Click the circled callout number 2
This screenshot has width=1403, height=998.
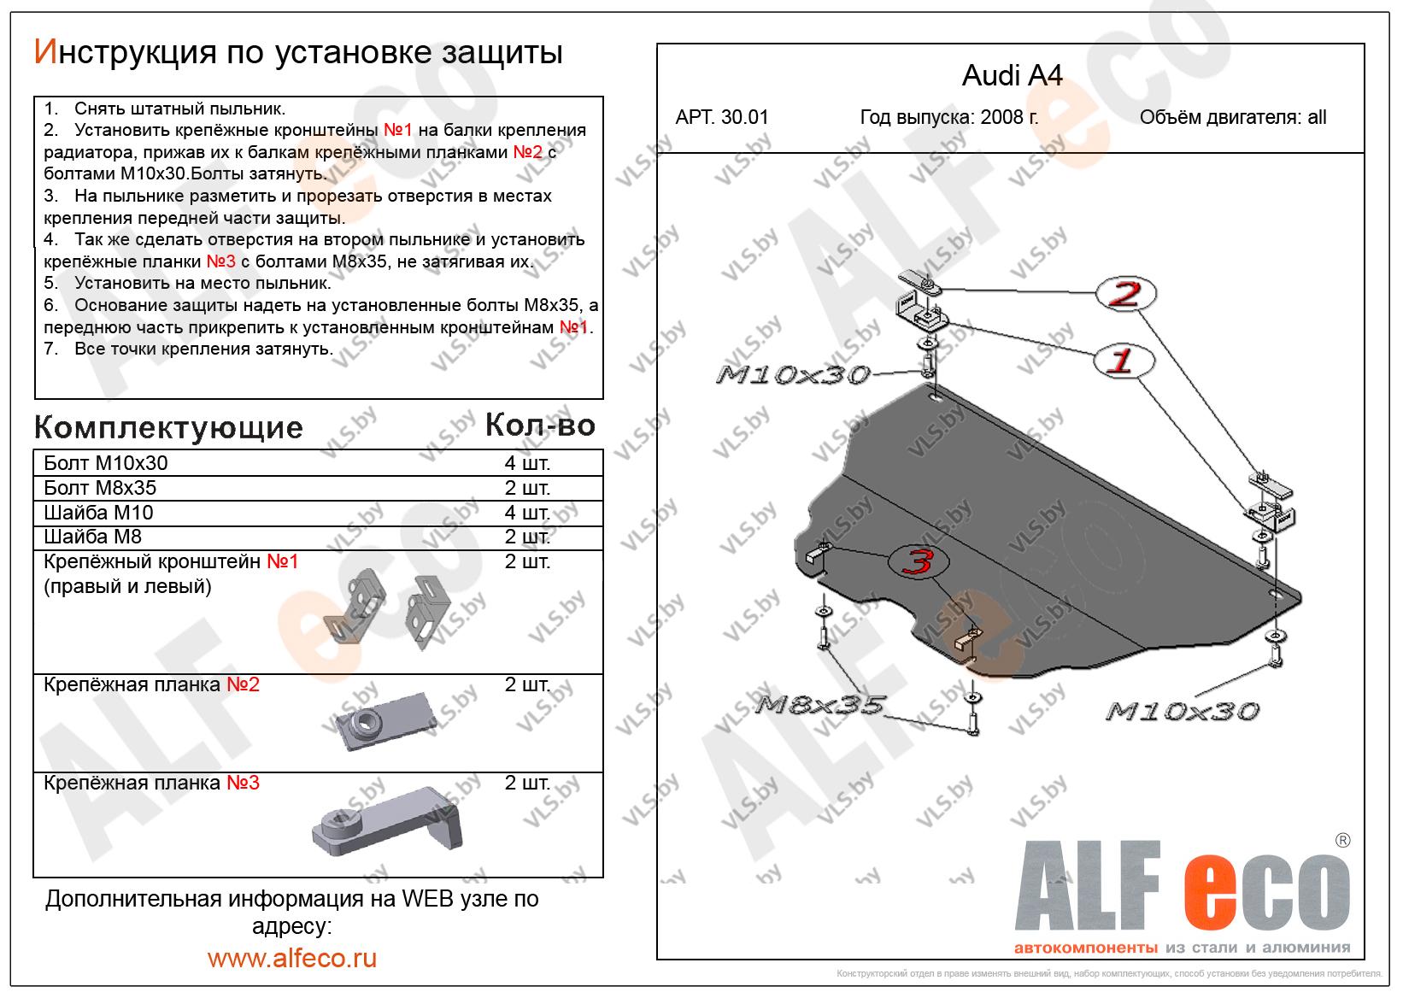coord(1125,294)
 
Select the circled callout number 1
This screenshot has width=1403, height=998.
coord(1123,361)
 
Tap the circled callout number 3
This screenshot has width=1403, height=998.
coord(919,561)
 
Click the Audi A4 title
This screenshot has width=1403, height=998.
coord(1012,76)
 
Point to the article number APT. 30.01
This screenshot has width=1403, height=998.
coord(722,117)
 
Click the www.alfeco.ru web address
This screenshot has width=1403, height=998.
coord(292,958)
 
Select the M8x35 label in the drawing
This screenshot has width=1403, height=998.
coord(819,706)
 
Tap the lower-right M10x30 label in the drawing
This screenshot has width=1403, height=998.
coord(1182,711)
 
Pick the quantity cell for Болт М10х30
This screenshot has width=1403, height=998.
coord(527,463)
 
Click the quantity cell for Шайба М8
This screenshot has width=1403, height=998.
coord(527,537)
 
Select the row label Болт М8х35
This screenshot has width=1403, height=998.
coord(100,488)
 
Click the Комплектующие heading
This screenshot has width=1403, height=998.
coord(168,427)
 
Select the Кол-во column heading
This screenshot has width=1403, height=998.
coord(539,425)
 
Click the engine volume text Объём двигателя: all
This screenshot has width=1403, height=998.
coord(1232,117)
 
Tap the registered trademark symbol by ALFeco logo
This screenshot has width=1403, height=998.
coord(1342,840)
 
